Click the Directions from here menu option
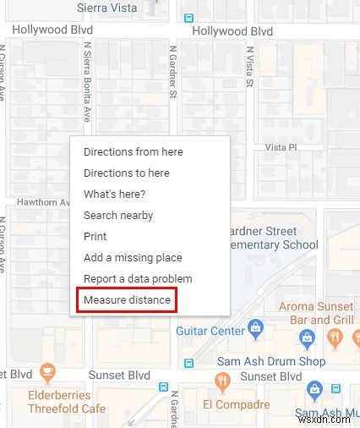click(133, 152)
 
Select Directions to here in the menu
click(126, 173)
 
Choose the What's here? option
click(114, 195)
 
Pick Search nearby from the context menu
click(118, 216)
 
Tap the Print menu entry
click(95, 237)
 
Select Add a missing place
click(133, 258)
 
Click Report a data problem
click(138, 279)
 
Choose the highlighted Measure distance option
click(127, 300)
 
